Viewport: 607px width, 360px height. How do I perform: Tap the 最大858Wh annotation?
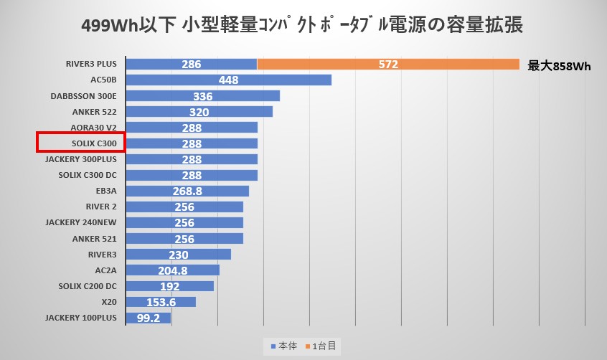click(559, 66)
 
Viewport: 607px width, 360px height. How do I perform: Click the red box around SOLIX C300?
click(81, 142)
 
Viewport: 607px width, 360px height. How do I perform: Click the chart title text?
click(303, 27)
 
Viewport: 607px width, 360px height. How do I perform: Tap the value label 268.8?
click(187, 191)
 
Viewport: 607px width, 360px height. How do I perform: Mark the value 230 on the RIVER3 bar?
click(179, 254)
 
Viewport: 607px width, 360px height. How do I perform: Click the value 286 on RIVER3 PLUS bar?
click(191, 65)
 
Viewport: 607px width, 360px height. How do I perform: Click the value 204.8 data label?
click(172, 270)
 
